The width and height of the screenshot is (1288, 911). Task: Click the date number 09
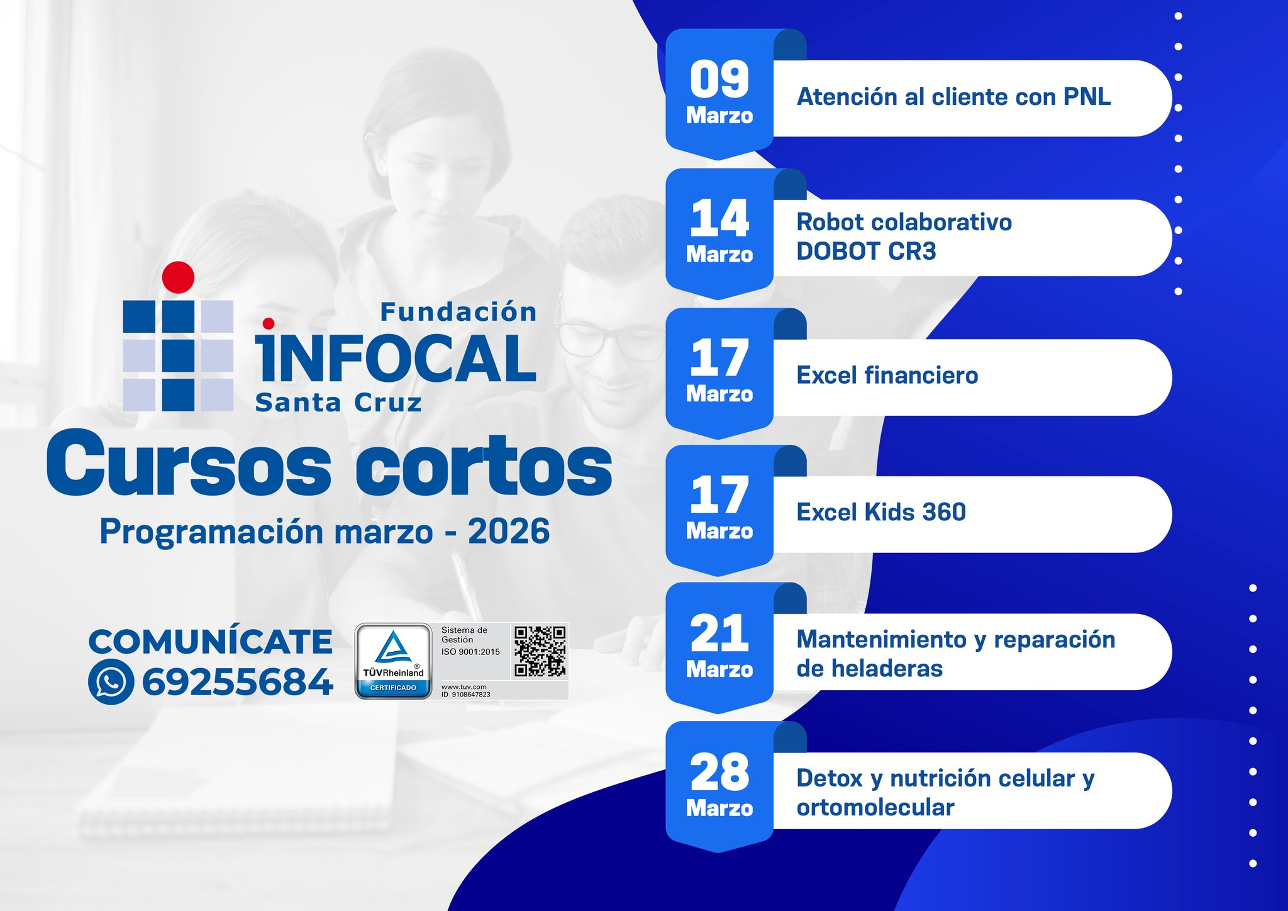(x=719, y=79)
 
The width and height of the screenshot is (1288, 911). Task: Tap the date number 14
(x=719, y=218)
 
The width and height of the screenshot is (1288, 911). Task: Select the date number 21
(x=719, y=633)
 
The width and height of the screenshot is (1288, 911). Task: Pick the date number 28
(x=719, y=772)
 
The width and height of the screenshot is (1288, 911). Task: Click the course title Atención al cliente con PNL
(x=953, y=97)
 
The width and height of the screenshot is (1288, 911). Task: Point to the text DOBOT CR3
(x=866, y=252)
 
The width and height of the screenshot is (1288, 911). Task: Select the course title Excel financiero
(x=887, y=376)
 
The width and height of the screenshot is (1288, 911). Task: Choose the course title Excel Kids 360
(x=881, y=512)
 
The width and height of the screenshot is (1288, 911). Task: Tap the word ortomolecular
(x=875, y=807)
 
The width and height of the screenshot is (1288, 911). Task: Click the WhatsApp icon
(x=111, y=682)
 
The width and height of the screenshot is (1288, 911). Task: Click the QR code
(x=540, y=651)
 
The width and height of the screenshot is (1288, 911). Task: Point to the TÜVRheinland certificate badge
(x=393, y=661)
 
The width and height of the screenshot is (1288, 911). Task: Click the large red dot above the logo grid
(x=178, y=277)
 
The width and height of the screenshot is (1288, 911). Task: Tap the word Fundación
(x=458, y=312)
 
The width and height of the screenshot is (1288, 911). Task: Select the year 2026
(x=509, y=532)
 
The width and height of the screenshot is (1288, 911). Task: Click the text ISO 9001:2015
(x=470, y=652)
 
